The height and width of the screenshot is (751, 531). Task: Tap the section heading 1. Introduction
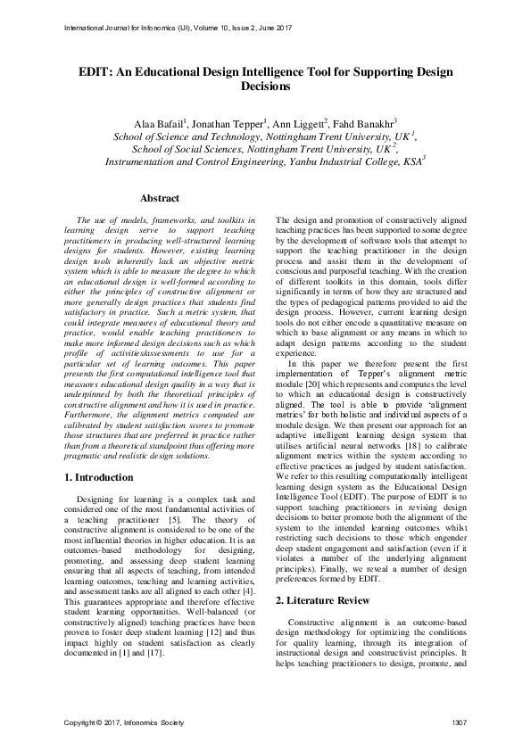[100, 477]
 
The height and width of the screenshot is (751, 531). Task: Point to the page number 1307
[460, 721]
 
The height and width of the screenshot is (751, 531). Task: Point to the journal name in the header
[178, 26]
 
